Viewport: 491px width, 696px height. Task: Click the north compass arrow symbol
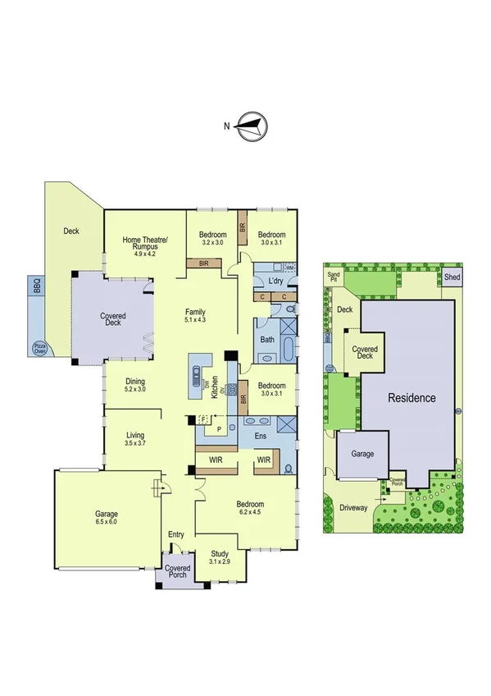pyautogui.click(x=252, y=126)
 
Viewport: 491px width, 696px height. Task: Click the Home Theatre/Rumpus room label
pyautogui.click(x=144, y=244)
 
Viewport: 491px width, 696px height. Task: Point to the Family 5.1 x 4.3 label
pyautogui.click(x=194, y=316)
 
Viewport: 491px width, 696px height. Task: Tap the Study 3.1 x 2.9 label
pyautogui.click(x=219, y=558)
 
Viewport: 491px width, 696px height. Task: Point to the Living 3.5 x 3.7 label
pyautogui.click(x=135, y=439)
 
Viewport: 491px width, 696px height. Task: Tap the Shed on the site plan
pyautogui.click(x=452, y=277)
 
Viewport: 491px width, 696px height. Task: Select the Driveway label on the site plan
pyautogui.click(x=354, y=507)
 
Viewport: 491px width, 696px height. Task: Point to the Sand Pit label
pyautogui.click(x=334, y=276)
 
